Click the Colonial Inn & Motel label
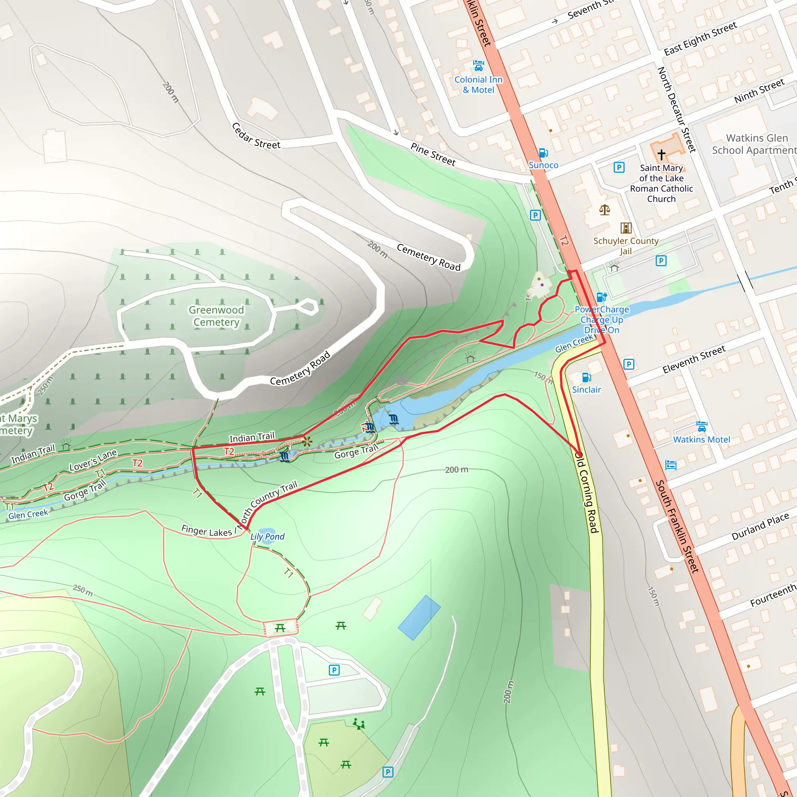(478, 84)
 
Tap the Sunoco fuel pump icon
(543, 153)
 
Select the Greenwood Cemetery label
(216, 316)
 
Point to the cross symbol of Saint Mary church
(661, 155)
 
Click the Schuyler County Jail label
(625, 246)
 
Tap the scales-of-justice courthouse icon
(604, 210)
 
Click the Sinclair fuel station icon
(586, 377)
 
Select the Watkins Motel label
(701, 439)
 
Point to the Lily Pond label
(267, 536)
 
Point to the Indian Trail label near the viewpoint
(252, 437)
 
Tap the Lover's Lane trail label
(93, 460)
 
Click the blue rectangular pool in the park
(419, 618)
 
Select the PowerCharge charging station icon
(602, 297)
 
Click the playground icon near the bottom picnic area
(358, 724)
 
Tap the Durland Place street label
(760, 527)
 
